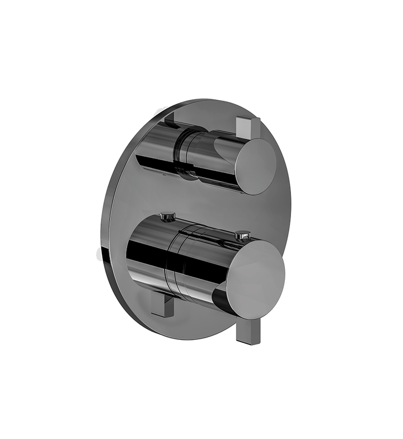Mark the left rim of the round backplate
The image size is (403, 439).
point(102,224)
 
